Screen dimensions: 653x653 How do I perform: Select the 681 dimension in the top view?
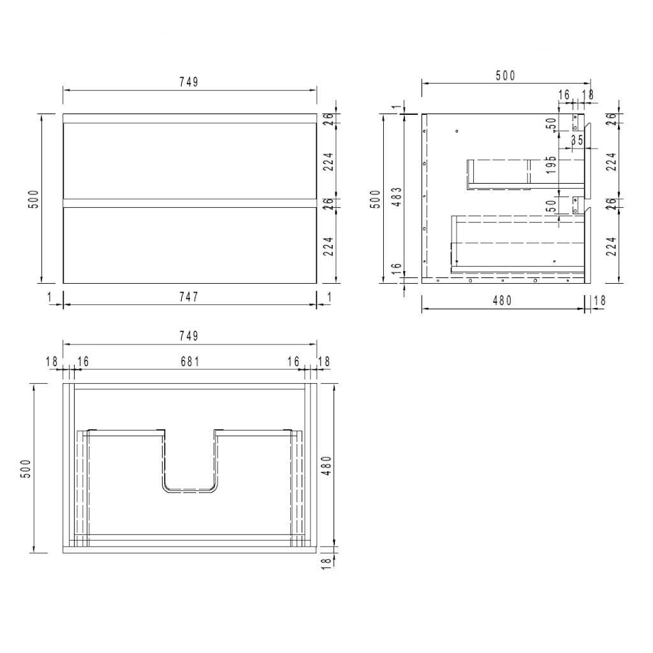click(189, 362)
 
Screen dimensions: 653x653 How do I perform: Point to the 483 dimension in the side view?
click(396, 198)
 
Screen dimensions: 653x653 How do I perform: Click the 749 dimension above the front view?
click(189, 82)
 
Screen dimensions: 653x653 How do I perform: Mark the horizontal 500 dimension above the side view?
click(505, 76)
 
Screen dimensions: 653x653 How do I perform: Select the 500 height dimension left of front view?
click(35, 198)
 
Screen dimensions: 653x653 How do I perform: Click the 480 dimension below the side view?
click(502, 301)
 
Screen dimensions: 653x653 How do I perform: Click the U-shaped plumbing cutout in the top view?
click(190, 466)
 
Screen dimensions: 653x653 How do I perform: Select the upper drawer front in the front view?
click(189, 160)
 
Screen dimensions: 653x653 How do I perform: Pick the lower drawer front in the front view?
click(189, 246)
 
